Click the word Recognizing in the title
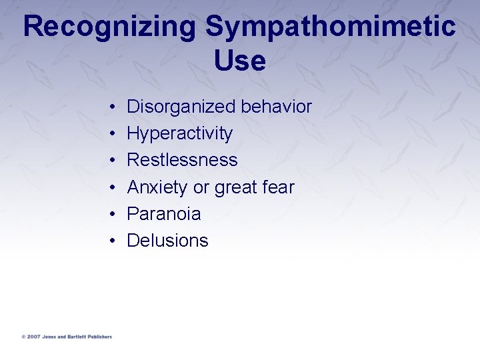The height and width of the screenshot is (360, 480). pos(109,27)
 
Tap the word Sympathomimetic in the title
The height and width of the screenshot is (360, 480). pos(331,27)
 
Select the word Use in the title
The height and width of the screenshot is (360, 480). pos(240,61)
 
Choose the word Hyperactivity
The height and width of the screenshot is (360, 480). pos(179,134)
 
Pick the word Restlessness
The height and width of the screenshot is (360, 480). pos(182,160)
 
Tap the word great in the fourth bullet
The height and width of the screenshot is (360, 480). pos(237,188)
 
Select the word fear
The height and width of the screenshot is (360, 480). pos(279,187)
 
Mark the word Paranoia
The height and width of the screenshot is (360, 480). pos(163,214)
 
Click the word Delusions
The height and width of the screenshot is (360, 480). pos(167,241)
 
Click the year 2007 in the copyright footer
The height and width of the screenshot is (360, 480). pos(33,337)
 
